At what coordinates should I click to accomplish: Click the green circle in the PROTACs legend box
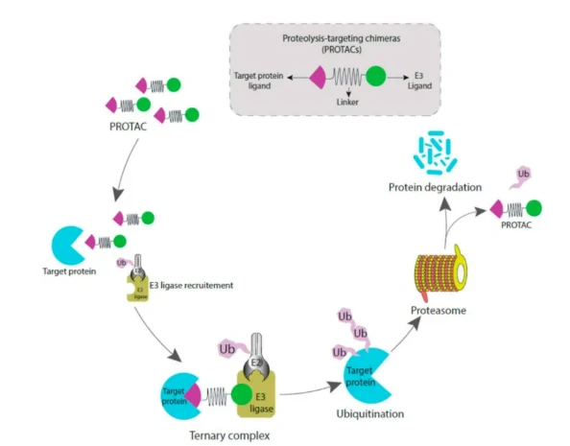coord(375,77)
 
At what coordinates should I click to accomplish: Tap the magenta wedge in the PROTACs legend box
coord(318,77)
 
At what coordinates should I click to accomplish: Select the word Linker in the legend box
coord(347,102)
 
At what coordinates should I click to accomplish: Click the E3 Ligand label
coord(419,81)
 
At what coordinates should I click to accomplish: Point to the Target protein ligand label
coord(259,81)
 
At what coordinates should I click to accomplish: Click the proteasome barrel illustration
coord(440,271)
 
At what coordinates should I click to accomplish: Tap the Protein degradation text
coord(435,187)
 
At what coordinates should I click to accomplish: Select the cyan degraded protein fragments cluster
coord(435,153)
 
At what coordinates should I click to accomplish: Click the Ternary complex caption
coord(229,435)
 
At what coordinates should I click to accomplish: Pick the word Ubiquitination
coord(370,414)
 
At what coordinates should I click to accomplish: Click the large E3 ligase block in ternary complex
coord(256,395)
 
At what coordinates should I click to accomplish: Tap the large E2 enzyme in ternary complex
coord(256,358)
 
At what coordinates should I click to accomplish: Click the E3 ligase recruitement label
coord(191,285)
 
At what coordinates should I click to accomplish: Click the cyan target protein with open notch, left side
coord(69,246)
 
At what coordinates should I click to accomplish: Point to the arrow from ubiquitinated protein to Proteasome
coord(406,334)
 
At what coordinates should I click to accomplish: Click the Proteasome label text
coord(439,311)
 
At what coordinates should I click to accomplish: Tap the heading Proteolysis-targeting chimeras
coord(342,38)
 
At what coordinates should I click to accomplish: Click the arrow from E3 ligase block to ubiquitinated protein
coord(311,390)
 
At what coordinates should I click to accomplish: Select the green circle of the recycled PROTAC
coord(534,208)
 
